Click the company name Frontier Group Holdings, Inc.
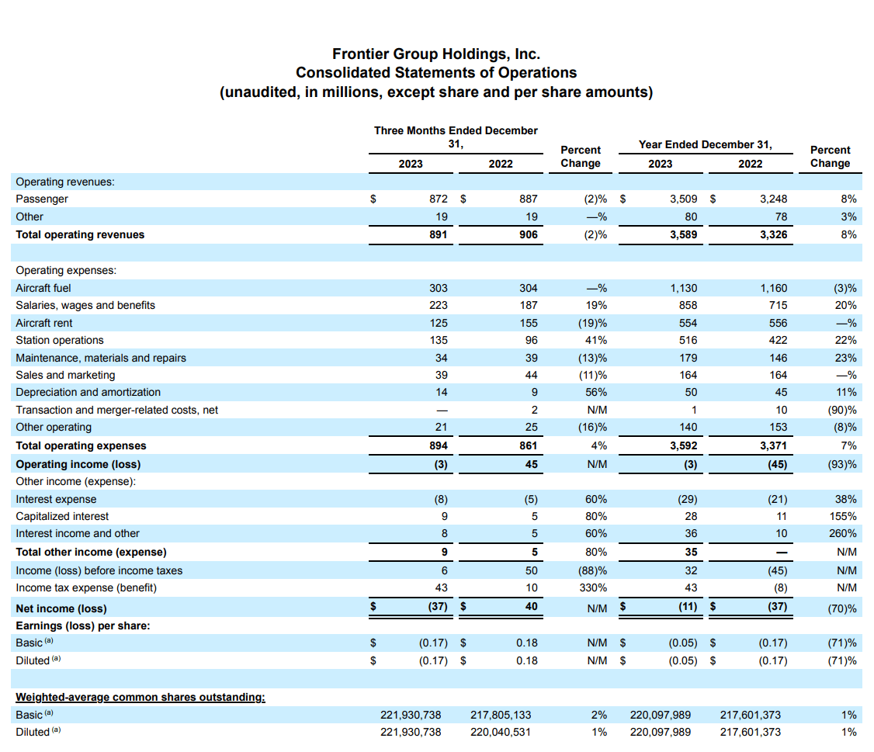click(435, 54)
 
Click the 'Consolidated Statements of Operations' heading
click(435, 73)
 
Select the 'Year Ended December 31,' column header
click(705, 144)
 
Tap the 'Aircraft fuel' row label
click(43, 288)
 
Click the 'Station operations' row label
click(60, 340)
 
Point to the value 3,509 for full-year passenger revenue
click(683, 199)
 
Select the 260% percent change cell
click(844, 533)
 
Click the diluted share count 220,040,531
click(501, 732)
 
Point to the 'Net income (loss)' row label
click(61, 608)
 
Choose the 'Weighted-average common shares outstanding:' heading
click(140, 697)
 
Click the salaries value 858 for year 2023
click(688, 305)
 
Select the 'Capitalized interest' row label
click(62, 516)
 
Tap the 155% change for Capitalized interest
click(844, 516)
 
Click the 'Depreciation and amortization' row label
click(88, 392)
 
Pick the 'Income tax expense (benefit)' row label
click(86, 587)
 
